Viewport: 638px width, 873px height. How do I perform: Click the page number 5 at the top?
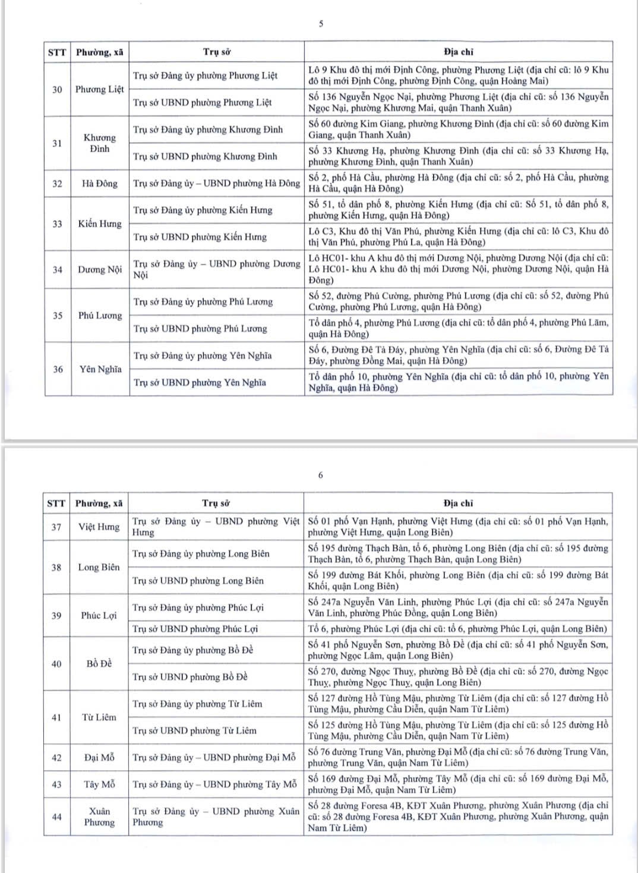coord(321,24)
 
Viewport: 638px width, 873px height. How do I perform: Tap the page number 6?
coord(321,475)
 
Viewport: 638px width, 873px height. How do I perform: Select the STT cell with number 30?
coord(57,89)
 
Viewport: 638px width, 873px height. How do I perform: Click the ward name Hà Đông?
coord(100,184)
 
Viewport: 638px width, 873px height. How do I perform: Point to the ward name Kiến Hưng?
coord(100,223)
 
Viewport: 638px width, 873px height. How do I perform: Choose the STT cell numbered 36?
coord(57,369)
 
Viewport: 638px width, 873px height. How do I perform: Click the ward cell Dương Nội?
coord(100,269)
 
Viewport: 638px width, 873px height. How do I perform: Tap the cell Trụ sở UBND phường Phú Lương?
coord(200,329)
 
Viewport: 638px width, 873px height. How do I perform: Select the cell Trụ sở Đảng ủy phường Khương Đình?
coord(208,130)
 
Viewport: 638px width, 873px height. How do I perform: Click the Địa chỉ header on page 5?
coord(459,52)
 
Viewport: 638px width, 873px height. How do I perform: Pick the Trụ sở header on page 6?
coord(216,503)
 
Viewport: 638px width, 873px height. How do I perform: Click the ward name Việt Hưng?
coord(99,527)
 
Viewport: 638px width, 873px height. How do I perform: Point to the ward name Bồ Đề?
coord(99,663)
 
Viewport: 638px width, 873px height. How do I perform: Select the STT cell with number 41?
coord(56,717)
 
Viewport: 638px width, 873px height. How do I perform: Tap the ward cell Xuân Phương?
coord(99,817)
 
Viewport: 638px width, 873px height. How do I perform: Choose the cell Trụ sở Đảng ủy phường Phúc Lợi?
coord(198,607)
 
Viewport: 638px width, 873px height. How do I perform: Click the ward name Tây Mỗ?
coord(99,784)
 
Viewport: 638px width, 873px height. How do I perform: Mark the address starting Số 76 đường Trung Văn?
coord(457,757)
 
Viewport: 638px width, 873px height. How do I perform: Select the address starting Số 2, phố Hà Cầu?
coord(458,183)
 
